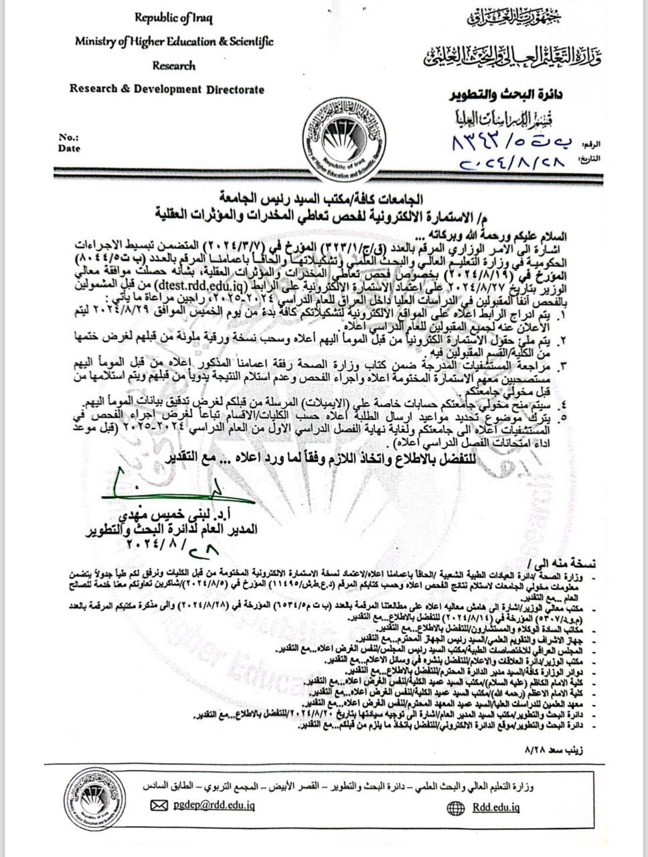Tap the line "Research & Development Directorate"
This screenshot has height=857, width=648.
[x=167, y=89]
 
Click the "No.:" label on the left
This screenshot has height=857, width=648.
[x=69, y=137]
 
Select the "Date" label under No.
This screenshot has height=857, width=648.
[x=70, y=149]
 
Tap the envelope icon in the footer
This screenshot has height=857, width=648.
[x=159, y=806]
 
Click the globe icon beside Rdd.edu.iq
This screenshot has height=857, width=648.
[x=455, y=807]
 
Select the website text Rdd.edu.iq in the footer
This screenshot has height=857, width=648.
[x=495, y=807]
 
